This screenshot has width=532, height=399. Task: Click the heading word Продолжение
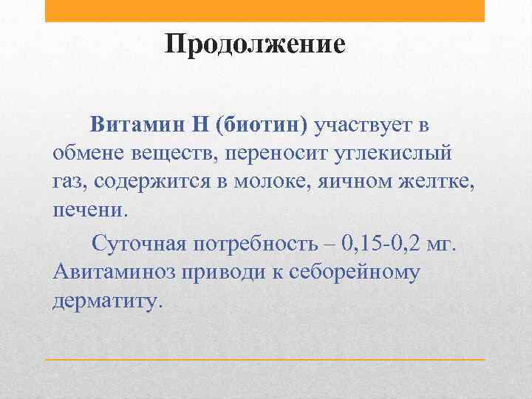click(255, 44)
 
